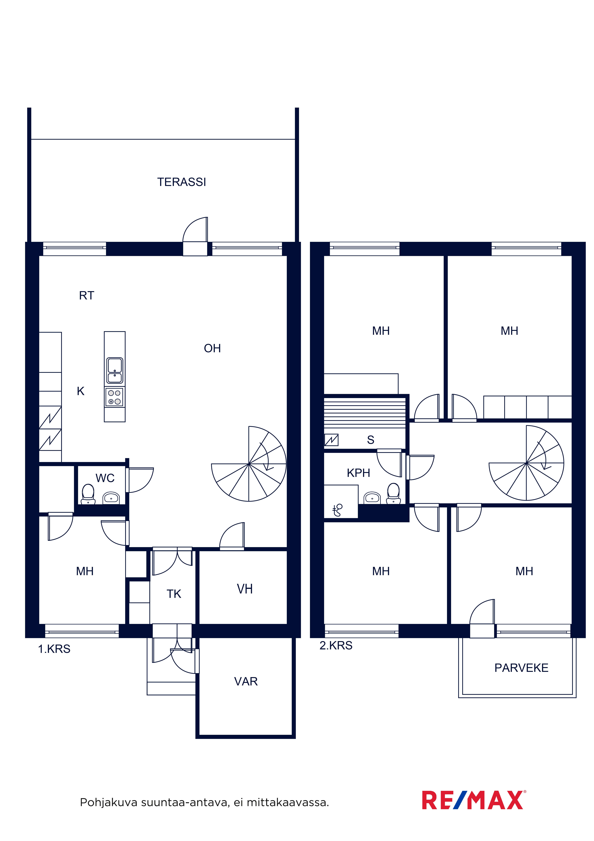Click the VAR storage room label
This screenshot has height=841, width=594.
[246, 681]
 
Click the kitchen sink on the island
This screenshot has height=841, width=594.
[115, 370]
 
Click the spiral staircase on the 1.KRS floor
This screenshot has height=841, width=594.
[249, 464]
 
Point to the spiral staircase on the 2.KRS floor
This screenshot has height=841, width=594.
[526, 463]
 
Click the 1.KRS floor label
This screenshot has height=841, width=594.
[54, 649]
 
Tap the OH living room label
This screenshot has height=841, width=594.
[212, 348]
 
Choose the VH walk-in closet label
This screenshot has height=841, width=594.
[245, 589]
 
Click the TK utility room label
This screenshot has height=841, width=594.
[174, 594]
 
